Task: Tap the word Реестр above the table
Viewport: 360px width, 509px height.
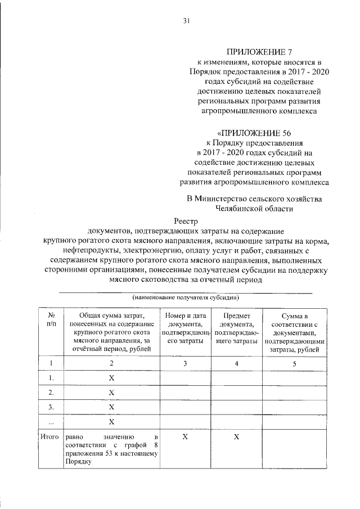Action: [186, 222]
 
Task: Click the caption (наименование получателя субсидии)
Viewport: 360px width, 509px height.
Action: [186, 297]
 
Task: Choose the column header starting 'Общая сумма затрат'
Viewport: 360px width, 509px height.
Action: [111, 332]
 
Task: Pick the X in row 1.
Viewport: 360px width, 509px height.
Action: [111, 378]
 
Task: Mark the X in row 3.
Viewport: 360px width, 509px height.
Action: [111, 407]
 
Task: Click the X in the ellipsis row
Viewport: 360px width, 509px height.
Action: [111, 421]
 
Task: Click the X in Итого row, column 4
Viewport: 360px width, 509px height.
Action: [236, 436]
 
